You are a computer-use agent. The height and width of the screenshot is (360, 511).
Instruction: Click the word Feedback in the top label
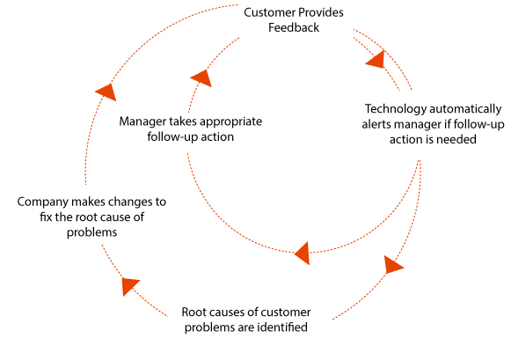click(x=294, y=27)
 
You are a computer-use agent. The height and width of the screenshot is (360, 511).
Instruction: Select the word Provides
click(x=321, y=12)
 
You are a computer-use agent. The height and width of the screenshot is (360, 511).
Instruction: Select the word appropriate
click(x=231, y=122)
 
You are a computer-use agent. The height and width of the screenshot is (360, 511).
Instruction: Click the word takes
click(x=183, y=121)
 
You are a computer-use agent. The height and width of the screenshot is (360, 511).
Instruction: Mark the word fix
click(x=46, y=217)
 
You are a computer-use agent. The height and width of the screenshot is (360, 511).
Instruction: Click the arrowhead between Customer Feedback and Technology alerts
click(x=376, y=59)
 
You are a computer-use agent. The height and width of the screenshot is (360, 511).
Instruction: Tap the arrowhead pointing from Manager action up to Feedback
click(x=202, y=77)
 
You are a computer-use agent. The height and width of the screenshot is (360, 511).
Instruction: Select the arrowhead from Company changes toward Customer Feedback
click(x=107, y=92)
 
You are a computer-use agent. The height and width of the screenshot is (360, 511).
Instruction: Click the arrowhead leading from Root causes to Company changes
click(x=129, y=286)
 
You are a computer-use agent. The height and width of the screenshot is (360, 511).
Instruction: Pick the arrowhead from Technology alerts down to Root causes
click(x=392, y=265)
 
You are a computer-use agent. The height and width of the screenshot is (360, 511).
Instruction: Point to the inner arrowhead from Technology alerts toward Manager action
click(x=303, y=253)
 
